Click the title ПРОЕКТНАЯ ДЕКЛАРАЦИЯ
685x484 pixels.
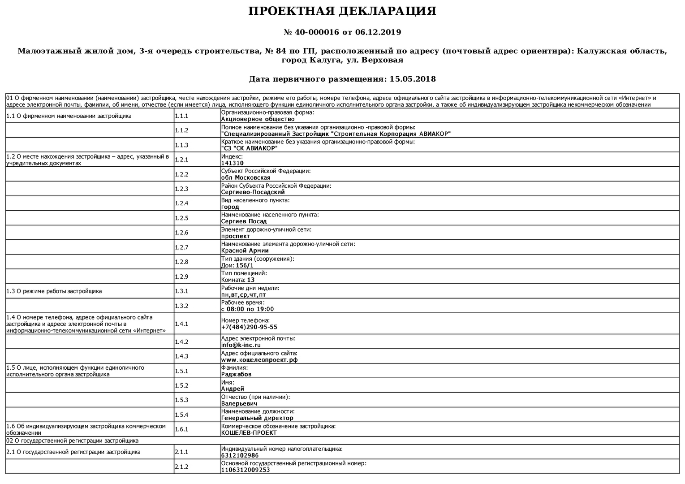coord(342,11)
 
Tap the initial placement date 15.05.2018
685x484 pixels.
coord(413,79)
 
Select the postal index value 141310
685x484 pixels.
coord(232,163)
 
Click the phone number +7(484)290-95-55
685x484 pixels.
coord(249,327)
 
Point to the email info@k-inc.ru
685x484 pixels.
coord(241,345)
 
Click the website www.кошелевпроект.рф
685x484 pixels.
coord(259,360)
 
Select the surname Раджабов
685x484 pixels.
coord(236,374)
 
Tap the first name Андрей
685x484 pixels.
coord(233,389)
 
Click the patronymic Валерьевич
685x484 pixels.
coord(239,403)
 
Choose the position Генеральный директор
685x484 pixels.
coord(257,418)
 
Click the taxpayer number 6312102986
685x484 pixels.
coord(240,455)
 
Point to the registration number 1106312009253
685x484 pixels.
coord(246,470)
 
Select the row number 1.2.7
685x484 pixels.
coord(181,247)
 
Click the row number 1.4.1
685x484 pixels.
coord(181,324)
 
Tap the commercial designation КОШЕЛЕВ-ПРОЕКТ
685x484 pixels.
coord(249,433)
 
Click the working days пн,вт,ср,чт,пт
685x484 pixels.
coord(243,295)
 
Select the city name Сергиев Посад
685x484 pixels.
coord(244,221)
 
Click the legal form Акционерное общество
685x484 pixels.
coord(258,119)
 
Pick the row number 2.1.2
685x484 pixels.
coord(181,467)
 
